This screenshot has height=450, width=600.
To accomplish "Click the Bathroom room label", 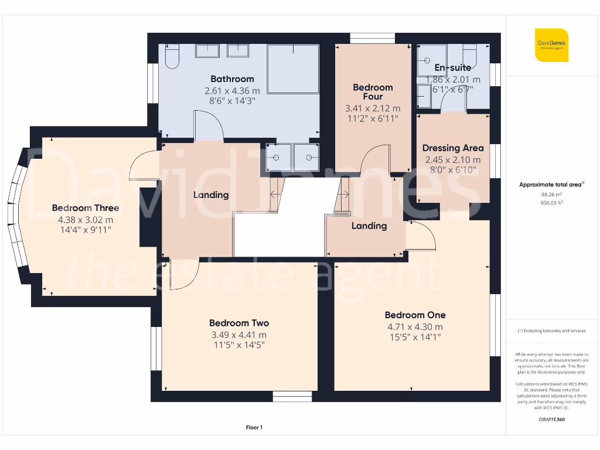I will coord(232,79).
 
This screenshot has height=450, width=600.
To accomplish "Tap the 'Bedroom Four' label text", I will coord(373,92).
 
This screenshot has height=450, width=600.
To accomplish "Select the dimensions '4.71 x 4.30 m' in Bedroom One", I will coord(415,327).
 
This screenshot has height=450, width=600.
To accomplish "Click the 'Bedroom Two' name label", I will coord(239,323).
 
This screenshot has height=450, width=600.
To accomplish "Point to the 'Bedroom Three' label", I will coord(86,208).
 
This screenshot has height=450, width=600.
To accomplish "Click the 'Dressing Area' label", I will coord(453,148).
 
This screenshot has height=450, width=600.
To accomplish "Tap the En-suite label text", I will coord(452,68).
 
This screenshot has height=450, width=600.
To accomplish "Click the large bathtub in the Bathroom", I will coord(293,69).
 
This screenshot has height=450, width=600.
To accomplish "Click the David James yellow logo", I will coord(551,45).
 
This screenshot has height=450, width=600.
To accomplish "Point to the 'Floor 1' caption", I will coord(254,428).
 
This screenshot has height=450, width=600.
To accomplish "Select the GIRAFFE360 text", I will coord(551,420).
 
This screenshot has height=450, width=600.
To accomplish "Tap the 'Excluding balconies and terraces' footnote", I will coord(551,331).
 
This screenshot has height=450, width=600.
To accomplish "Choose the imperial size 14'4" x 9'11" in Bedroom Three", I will coord(86,230).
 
